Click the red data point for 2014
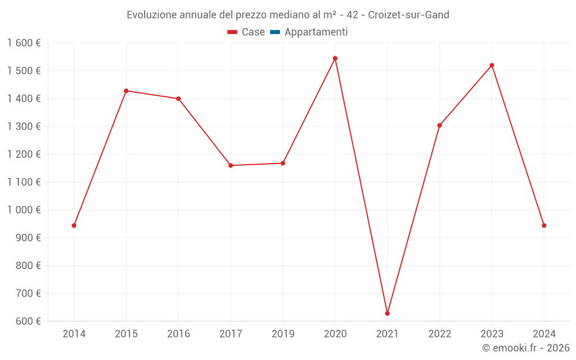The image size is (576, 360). [74, 225]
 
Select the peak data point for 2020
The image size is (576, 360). [335, 58]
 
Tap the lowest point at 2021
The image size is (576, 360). [387, 313]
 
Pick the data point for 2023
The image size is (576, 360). [492, 65]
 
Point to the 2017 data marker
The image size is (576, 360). [230, 165]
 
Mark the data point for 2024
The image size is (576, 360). [544, 225]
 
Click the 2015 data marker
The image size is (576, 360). [126, 90]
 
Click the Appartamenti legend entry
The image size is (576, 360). [316, 32]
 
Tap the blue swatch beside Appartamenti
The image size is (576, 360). [275, 32]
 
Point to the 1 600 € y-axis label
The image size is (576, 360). [24, 43]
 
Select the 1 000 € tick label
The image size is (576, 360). [24, 210]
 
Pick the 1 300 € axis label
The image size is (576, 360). [24, 127]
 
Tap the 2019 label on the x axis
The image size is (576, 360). [283, 334]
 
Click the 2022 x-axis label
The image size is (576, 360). [439, 334]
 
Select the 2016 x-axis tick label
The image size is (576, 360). [178, 334]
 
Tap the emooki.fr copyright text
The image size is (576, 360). [526, 348]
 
